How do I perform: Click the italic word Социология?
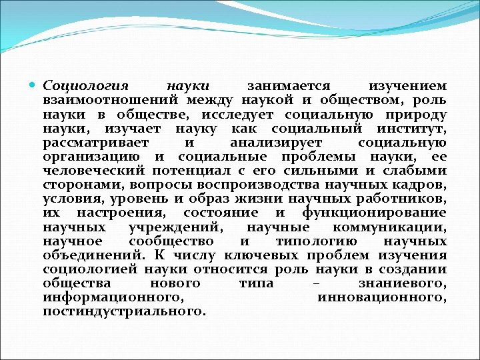85,86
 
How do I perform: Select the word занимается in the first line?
289,86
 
